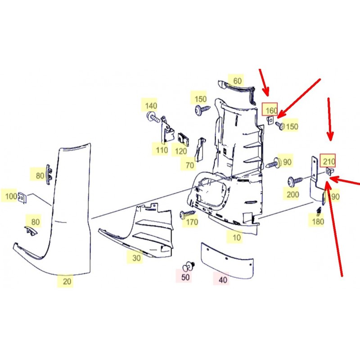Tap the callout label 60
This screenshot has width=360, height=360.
pyautogui.click(x=238, y=81)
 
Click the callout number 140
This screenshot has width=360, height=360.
pyautogui.click(x=151, y=106)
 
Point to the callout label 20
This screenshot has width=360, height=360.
pyautogui.click(x=67, y=281)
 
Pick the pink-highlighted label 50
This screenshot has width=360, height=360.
pyautogui.click(x=185, y=277)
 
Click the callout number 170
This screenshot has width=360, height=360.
pyautogui.click(x=192, y=222)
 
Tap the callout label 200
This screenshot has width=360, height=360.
pyautogui.click(x=292, y=194)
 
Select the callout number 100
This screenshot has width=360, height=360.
pyautogui.click(x=11, y=196)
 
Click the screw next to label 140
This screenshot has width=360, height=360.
pyautogui.click(x=153, y=117)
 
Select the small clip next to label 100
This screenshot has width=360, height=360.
pyautogui.click(x=22, y=198)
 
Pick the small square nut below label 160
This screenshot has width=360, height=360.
pyautogui.click(x=270, y=120)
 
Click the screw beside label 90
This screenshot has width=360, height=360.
pyautogui.click(x=274, y=163)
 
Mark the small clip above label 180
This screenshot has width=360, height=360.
pyautogui.click(x=319, y=211)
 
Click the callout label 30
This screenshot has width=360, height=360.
pyautogui.click(x=136, y=258)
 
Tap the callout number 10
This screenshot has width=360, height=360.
pyautogui.click(x=237, y=238)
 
